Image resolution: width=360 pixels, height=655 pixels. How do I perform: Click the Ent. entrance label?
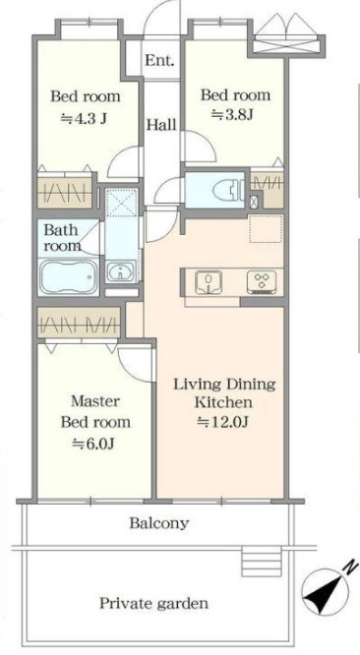coord(159,61)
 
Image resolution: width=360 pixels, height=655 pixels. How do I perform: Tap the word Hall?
coord(160,125)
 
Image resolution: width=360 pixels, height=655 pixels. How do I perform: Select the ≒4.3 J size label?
coord(84,118)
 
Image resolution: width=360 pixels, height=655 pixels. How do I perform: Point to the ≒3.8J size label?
coord(232,114)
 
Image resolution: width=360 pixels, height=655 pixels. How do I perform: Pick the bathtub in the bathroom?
coord(69,276)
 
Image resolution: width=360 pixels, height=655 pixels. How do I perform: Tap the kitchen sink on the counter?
coord(209,281)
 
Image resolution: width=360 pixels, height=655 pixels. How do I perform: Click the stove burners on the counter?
coord(262,281)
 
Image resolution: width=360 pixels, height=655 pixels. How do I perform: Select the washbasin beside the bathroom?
coord(120,271)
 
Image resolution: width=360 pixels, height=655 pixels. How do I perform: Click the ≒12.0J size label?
coord(223,422)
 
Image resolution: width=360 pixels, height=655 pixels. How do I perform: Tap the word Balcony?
coord(158,523)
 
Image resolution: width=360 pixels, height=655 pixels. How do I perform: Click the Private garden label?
coord(153,603)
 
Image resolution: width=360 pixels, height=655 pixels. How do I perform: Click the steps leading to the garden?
coord(262,561)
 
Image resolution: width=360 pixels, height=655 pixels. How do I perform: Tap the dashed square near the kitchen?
coord(266,228)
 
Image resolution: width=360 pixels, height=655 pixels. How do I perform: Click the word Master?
coord(95,401)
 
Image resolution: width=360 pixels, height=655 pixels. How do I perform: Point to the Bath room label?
coord(62,237)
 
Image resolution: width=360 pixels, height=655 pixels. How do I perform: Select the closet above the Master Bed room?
coord(79,322)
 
